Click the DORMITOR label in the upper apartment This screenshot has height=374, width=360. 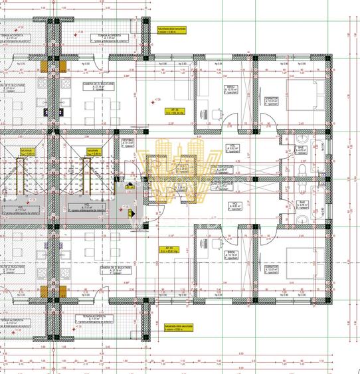288,99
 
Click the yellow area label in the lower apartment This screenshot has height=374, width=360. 172,252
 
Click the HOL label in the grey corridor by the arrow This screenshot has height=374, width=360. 86,207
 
